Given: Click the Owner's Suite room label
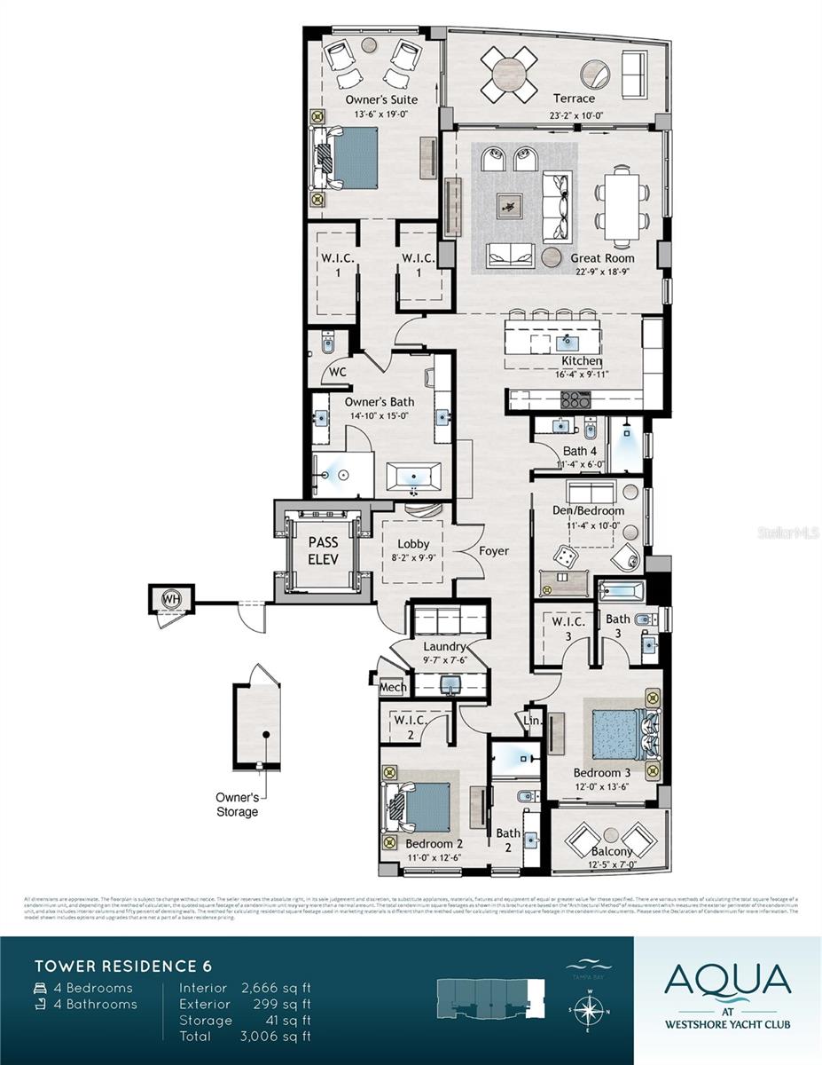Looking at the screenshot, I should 381,99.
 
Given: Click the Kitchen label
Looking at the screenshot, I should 582,361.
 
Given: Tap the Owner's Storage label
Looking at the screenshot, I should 238,804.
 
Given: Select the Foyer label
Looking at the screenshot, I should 494,551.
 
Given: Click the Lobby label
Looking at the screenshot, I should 413,544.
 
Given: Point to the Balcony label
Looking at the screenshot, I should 612,851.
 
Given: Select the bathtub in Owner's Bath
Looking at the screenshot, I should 414,478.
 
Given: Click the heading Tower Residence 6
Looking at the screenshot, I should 123,965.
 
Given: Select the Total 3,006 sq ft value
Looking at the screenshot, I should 276,1036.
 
